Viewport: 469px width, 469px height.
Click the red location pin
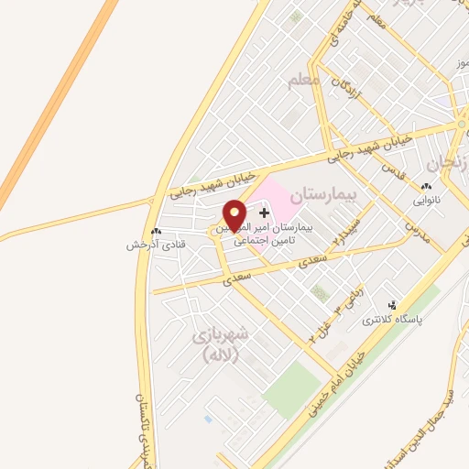coord(234,214)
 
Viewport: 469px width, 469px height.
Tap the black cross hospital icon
coord(265,213)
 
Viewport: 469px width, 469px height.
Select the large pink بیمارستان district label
coord(321,196)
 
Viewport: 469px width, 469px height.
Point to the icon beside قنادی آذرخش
coord(155,232)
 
